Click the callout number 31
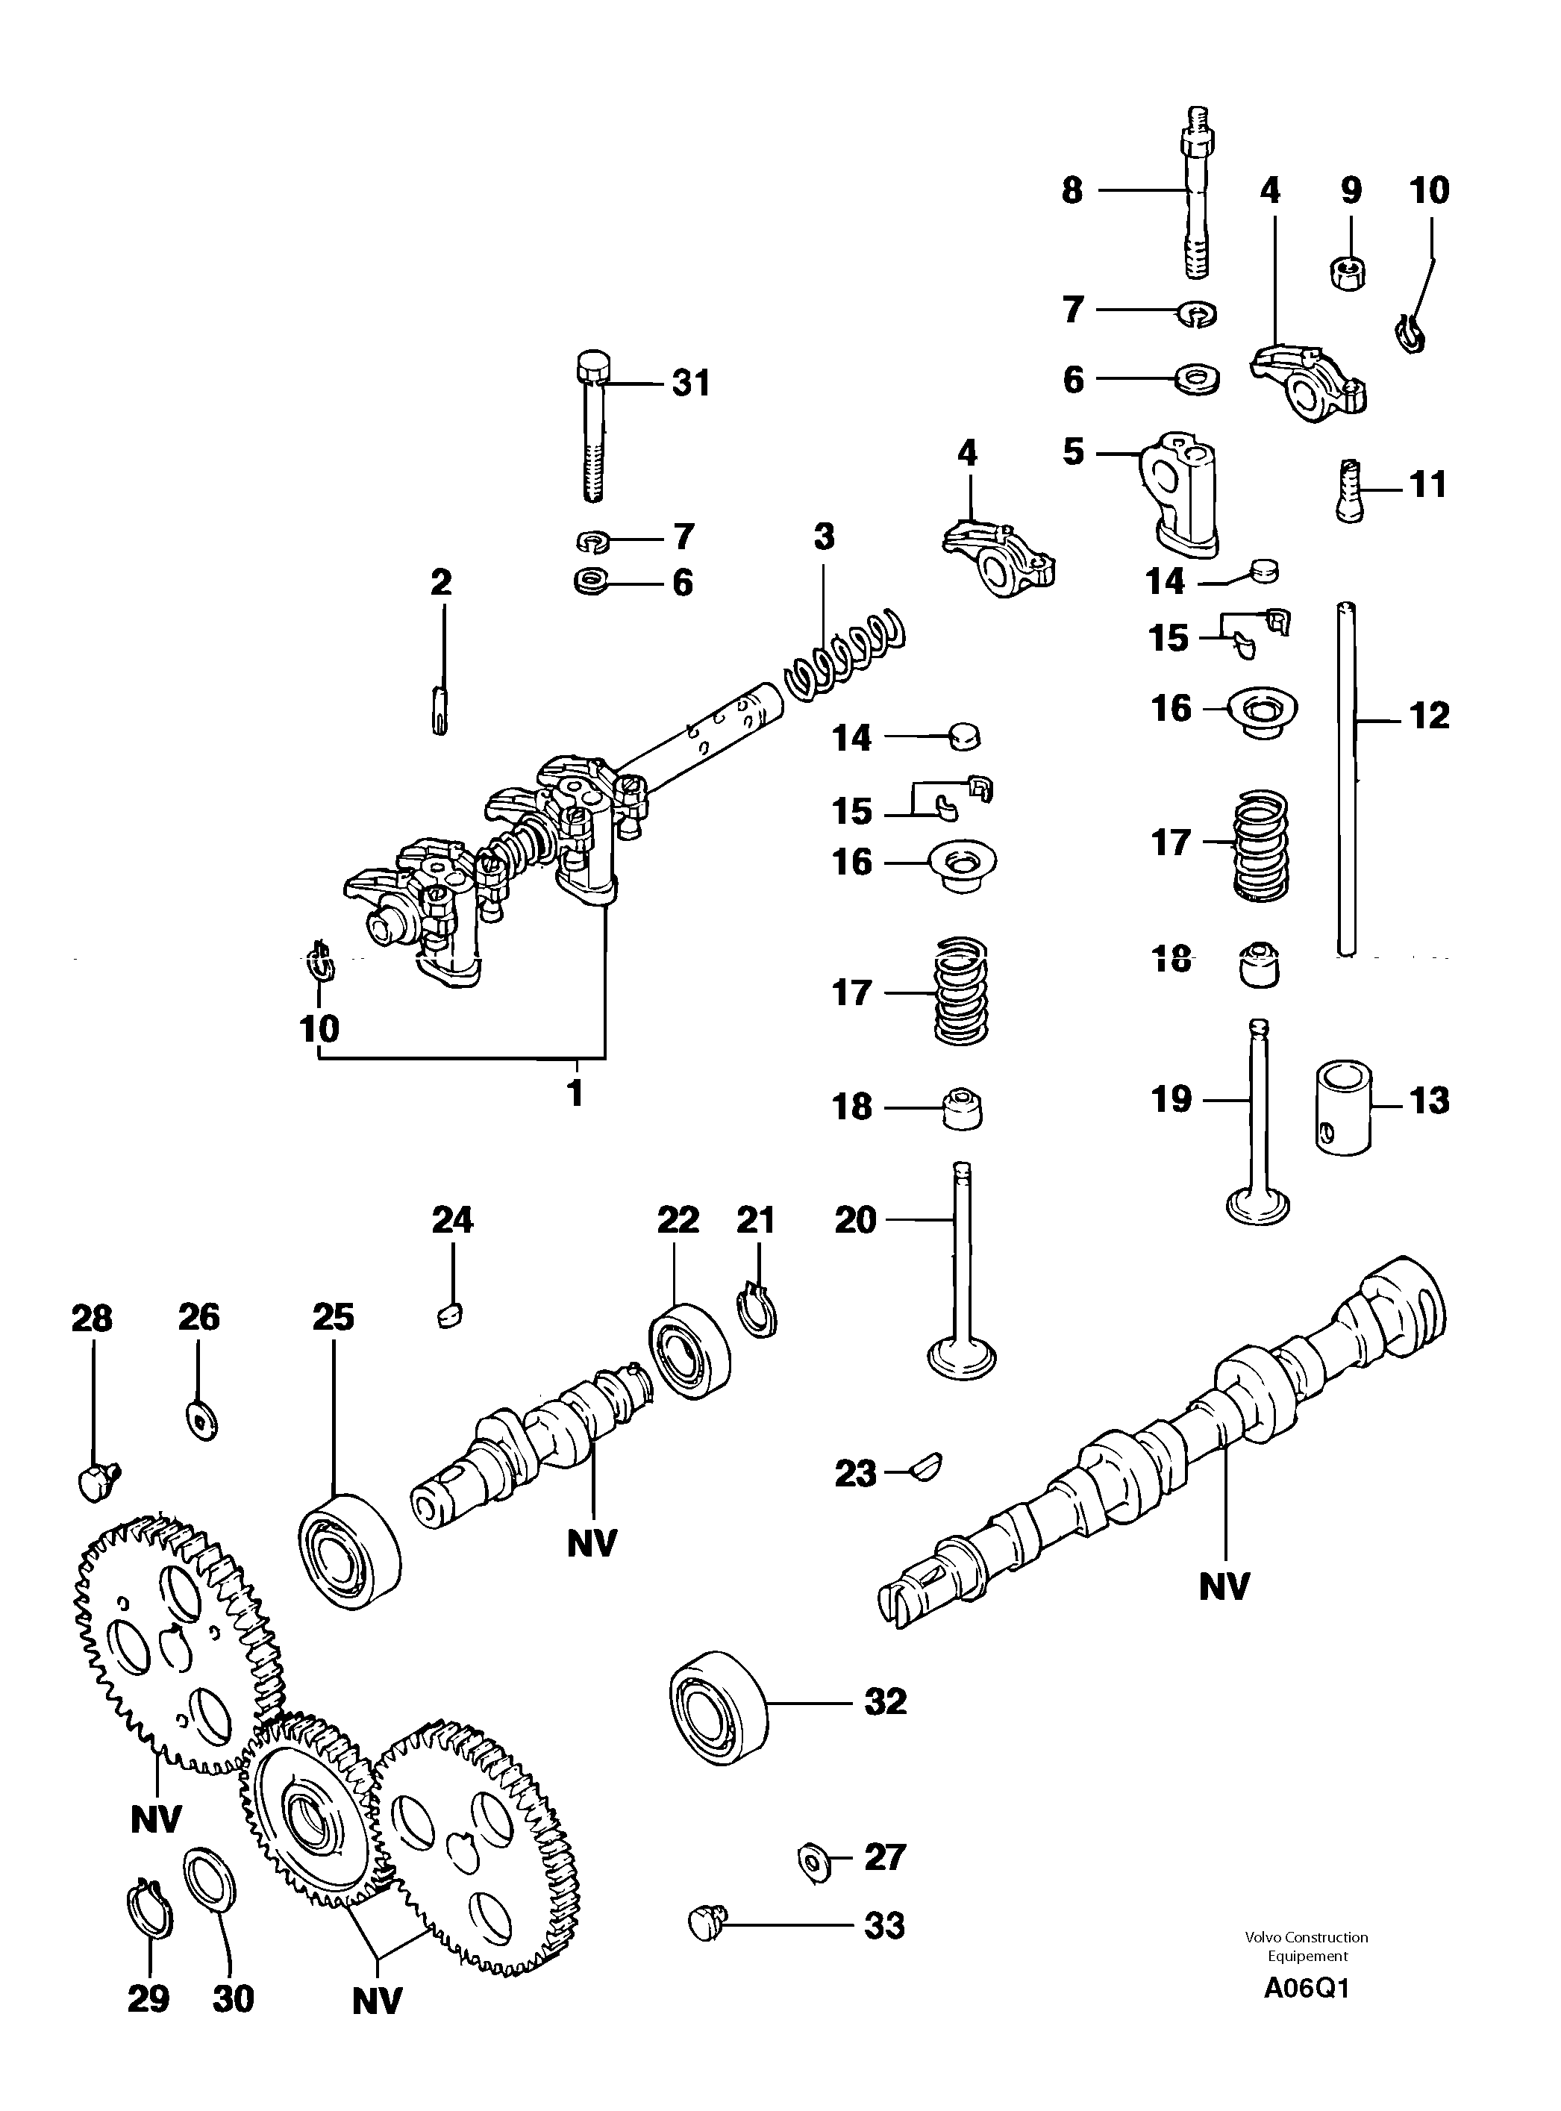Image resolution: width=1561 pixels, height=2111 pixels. (691, 384)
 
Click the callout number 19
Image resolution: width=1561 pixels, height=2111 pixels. (1171, 1099)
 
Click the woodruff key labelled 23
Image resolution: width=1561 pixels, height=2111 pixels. (925, 1466)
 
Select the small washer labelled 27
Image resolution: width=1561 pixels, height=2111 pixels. (813, 1860)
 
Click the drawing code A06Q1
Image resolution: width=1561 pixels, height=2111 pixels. (1308, 1988)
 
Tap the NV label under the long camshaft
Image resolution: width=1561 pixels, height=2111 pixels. (1224, 1587)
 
